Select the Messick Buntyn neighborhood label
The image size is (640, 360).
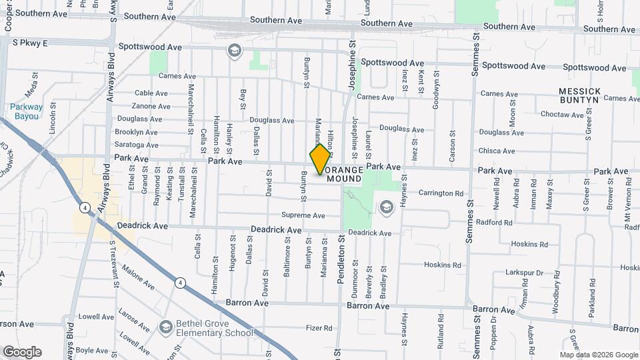point(579,95)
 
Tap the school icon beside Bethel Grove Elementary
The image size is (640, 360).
point(165,327)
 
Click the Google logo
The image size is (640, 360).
point(22,351)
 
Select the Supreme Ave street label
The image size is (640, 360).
point(303,215)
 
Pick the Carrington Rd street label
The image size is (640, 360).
point(441,193)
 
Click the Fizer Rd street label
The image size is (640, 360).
point(319,328)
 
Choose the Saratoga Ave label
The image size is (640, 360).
point(137,145)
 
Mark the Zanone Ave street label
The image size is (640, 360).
point(151,106)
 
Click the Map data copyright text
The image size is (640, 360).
point(599,355)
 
